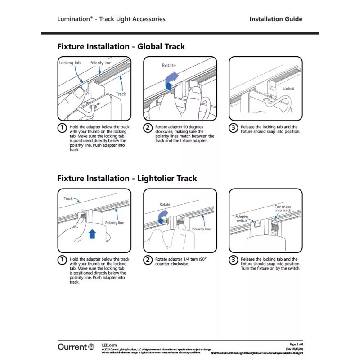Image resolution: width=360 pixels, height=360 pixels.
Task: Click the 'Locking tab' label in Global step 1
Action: tap(69, 63)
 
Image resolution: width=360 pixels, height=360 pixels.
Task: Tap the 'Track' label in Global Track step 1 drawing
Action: tap(121, 94)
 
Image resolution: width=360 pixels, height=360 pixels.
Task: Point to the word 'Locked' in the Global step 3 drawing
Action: tap(288, 89)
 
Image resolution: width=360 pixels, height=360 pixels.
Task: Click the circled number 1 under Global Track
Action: tap(62, 127)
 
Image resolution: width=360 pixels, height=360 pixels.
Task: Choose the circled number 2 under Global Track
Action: tap(148, 127)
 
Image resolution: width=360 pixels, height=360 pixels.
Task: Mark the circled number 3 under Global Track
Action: tap(233, 127)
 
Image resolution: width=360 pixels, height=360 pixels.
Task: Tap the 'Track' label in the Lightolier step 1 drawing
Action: tap(68, 198)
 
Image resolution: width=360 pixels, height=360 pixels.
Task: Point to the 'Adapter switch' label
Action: tap(242, 218)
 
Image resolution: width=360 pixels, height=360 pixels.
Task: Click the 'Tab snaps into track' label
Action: tap(283, 208)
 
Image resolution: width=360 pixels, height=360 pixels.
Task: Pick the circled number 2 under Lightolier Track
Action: tap(148, 260)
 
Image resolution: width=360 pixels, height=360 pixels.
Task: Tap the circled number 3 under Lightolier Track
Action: tap(233, 260)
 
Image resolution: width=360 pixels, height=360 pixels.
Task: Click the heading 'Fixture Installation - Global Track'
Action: tap(121, 46)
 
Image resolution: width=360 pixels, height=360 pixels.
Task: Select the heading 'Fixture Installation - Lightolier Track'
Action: tap(127, 178)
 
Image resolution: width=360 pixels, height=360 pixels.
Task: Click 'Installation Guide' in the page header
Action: tap(275, 19)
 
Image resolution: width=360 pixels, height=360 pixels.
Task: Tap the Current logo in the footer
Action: tap(76, 346)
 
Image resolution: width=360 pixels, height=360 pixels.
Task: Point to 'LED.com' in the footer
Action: tap(109, 343)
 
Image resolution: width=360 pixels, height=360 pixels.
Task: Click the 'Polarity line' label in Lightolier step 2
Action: tap(201, 229)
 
